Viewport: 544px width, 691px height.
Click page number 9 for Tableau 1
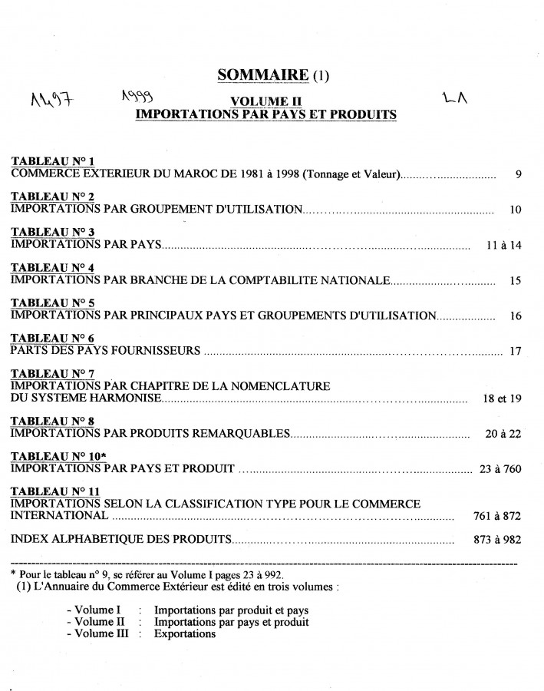(519, 174)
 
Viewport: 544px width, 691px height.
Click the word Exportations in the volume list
(185, 634)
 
